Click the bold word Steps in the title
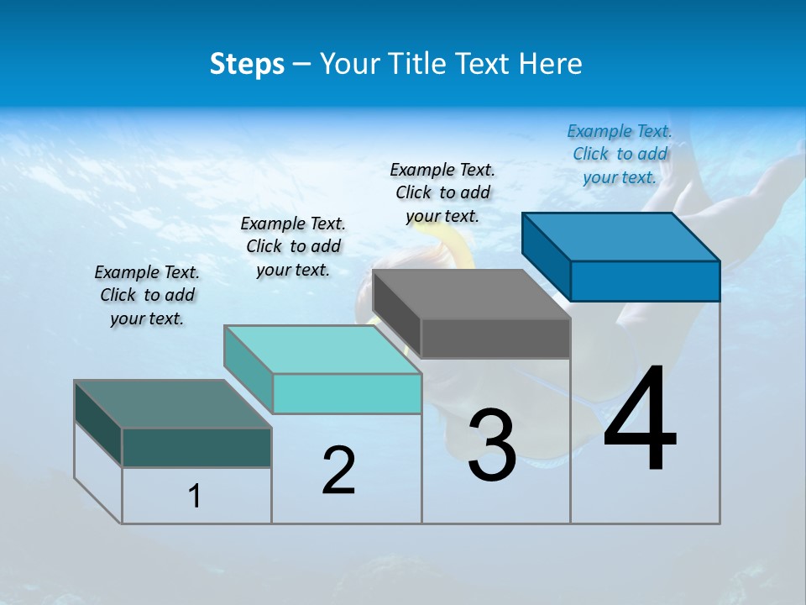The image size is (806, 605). [x=247, y=64]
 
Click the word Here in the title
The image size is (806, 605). [x=551, y=64]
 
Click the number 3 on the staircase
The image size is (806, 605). [x=491, y=445]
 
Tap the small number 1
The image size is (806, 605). [x=195, y=496]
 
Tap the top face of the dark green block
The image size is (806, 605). [x=173, y=404]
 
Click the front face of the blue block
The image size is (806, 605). [x=645, y=281]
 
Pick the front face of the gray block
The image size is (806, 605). [x=495, y=339]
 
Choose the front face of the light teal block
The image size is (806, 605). [x=347, y=393]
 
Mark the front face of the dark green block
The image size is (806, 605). [x=196, y=447]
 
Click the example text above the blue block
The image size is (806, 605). [x=620, y=154]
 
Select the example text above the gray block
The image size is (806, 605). [x=442, y=192]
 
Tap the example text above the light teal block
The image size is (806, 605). [x=293, y=246]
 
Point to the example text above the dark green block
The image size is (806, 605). [x=147, y=295]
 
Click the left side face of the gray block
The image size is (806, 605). [x=396, y=314]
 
